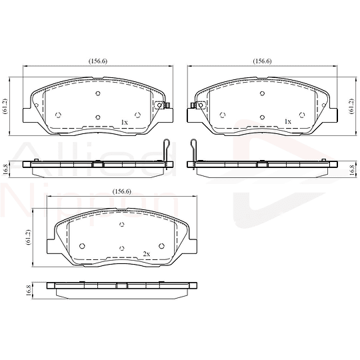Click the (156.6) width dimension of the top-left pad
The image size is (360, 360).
(x=98, y=61)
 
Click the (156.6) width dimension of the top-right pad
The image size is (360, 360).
(x=262, y=61)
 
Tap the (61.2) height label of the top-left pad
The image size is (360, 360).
(x=5, y=106)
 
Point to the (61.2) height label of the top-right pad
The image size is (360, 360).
(x=351, y=106)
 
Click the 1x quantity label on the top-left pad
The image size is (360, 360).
(x=124, y=123)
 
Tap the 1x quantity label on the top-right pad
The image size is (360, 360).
(x=288, y=123)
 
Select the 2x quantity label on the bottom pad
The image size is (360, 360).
(x=147, y=254)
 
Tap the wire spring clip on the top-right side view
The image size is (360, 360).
(x=193, y=150)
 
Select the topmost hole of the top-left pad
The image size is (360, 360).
(x=98, y=93)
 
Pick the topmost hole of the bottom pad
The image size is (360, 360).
(x=122, y=224)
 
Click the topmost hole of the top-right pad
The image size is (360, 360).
(x=262, y=93)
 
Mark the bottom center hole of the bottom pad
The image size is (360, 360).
(x=122, y=247)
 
